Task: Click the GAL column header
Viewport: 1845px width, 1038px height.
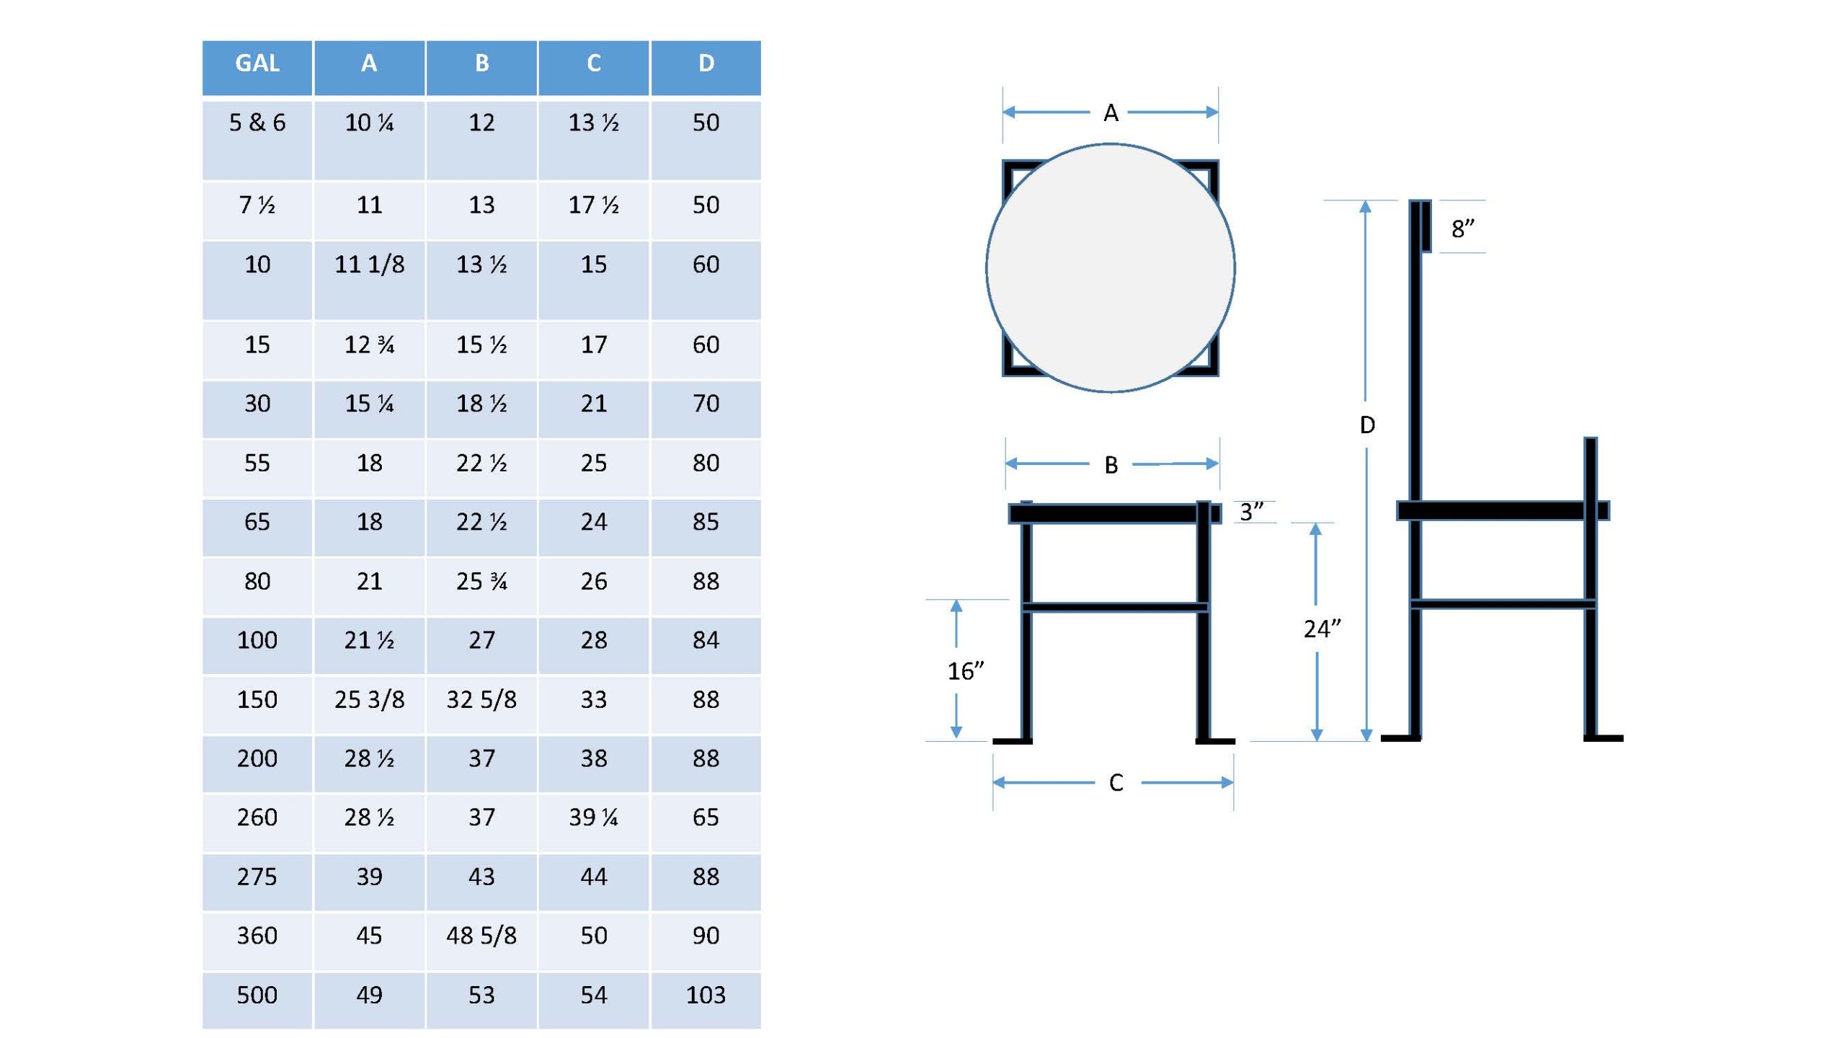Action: [x=257, y=63]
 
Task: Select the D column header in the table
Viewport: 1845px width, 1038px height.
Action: [x=706, y=63]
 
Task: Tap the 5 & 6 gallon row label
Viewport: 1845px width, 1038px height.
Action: [x=257, y=123]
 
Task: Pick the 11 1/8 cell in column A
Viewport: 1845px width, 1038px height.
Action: [x=369, y=265]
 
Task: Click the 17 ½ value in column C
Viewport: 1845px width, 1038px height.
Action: [x=593, y=205]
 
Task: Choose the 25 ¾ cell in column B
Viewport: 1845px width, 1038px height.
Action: [x=481, y=582]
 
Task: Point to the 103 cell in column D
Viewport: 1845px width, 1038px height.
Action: [x=706, y=995]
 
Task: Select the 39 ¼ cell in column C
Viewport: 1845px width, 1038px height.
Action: [x=593, y=817]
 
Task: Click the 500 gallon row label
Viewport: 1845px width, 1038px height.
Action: [x=257, y=995]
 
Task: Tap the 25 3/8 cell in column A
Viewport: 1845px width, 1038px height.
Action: [x=369, y=700]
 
